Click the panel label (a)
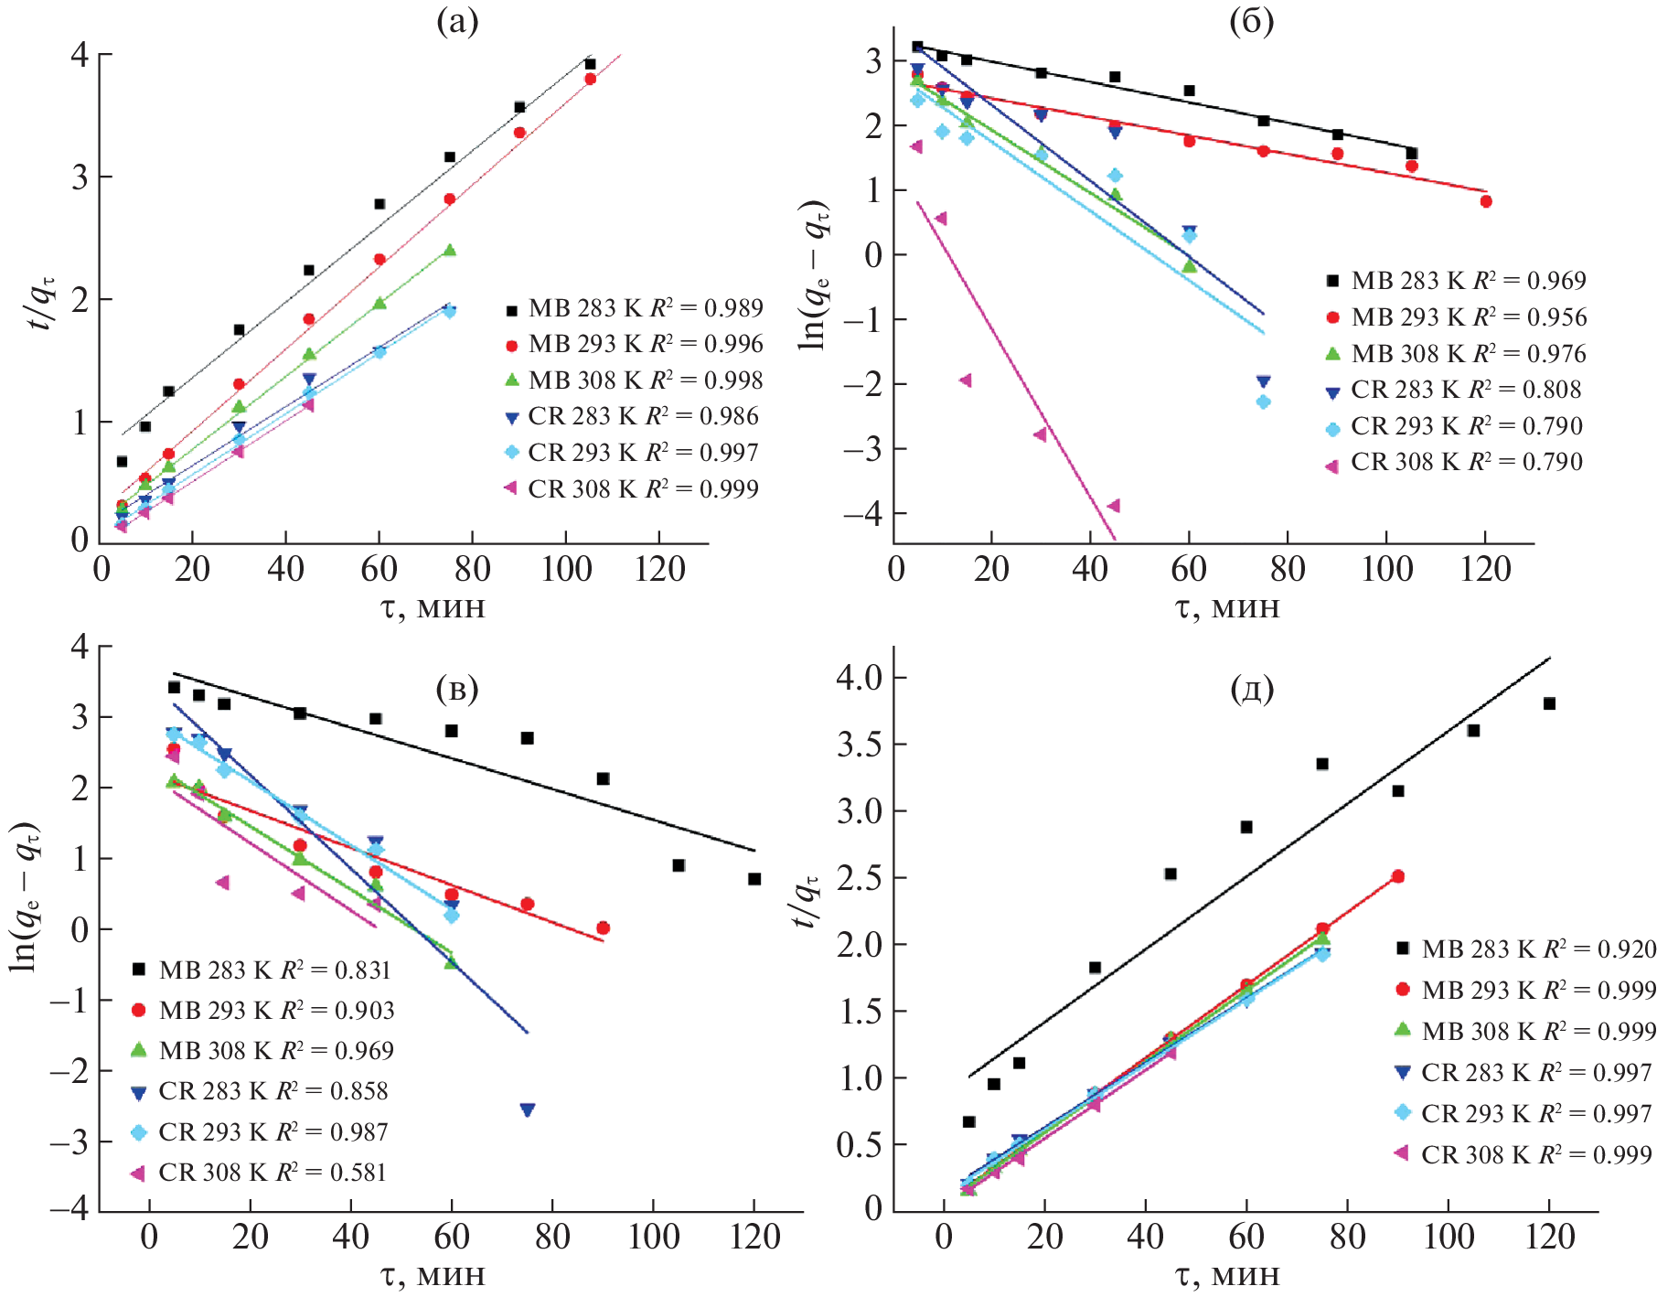(x=457, y=21)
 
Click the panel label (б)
(x=1251, y=21)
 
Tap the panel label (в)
(x=457, y=689)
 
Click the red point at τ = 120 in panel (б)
(x=1486, y=201)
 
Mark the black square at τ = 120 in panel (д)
(x=1549, y=703)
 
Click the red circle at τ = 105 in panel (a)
(x=591, y=79)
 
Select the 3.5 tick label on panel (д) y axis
(x=860, y=745)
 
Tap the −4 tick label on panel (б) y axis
(x=862, y=513)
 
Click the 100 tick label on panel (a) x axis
(x=566, y=569)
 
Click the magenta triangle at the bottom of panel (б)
(x=1113, y=506)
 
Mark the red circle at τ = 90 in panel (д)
(x=1397, y=876)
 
